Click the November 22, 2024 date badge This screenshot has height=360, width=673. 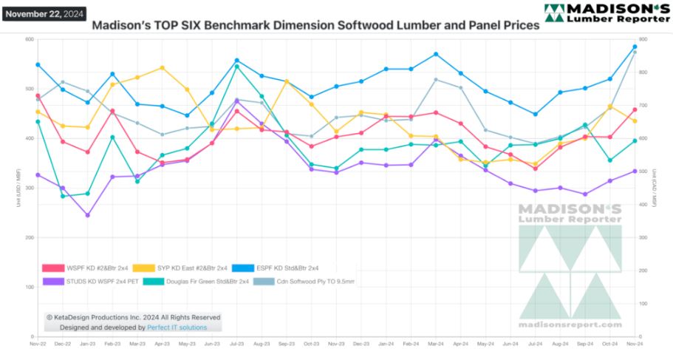point(44,14)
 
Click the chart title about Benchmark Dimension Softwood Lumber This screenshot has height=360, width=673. point(315,24)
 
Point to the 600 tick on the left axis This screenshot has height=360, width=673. point(30,40)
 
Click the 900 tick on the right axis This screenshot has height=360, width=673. point(643,40)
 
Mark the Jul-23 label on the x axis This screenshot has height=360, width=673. point(237,344)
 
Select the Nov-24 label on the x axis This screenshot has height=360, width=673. point(635,344)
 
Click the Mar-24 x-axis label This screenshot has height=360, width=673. point(436,344)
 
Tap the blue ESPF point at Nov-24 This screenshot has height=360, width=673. point(635,47)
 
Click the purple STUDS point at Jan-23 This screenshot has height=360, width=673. point(87,215)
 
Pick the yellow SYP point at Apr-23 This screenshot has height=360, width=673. point(162,68)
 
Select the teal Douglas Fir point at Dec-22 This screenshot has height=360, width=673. point(63,196)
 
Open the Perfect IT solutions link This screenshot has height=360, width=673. point(177,327)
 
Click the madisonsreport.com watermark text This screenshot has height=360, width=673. point(570,325)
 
